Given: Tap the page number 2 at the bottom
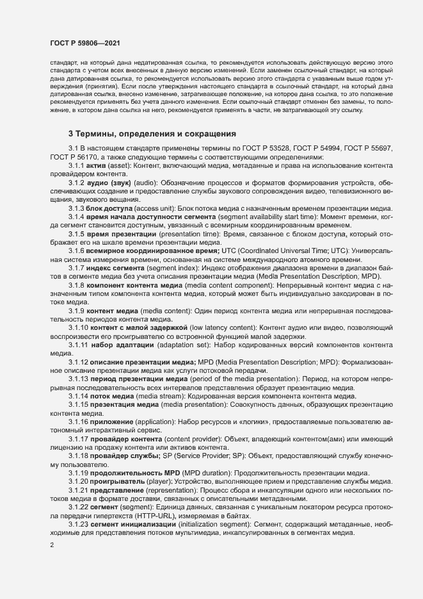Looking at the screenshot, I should (52, 545).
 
